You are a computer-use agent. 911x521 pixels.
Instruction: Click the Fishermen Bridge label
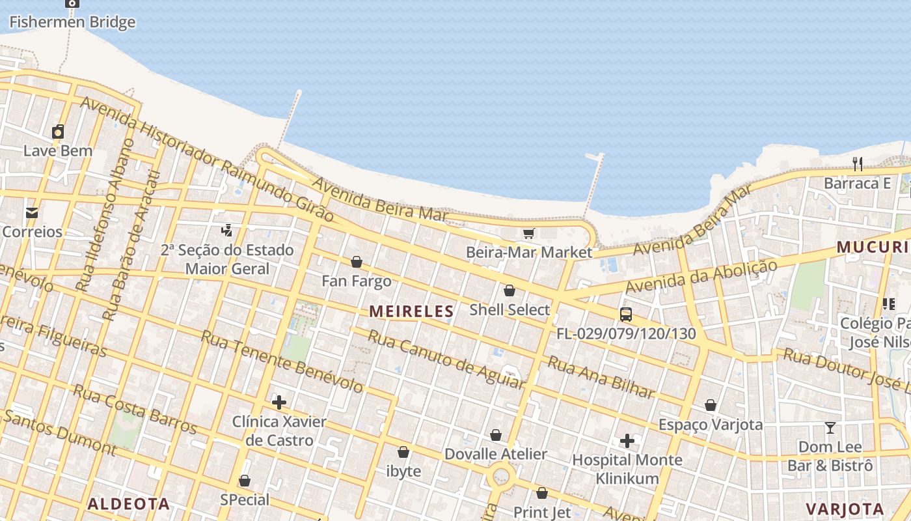pyautogui.click(x=72, y=22)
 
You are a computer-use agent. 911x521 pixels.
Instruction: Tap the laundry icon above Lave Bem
pyautogui.click(x=58, y=132)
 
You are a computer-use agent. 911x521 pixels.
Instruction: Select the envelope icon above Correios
pyautogui.click(x=31, y=213)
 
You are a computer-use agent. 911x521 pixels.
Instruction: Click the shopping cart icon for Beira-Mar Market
pyautogui.click(x=528, y=233)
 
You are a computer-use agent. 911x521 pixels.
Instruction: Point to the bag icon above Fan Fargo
pyautogui.click(x=357, y=262)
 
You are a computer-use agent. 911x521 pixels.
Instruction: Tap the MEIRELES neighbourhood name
pyautogui.click(x=411, y=311)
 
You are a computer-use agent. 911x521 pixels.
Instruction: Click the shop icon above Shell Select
pyautogui.click(x=510, y=290)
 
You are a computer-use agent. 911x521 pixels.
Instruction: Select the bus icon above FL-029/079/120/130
pyautogui.click(x=626, y=315)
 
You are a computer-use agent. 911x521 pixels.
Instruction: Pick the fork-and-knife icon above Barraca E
pyautogui.click(x=858, y=163)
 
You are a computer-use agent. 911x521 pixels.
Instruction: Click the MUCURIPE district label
pyautogui.click(x=873, y=247)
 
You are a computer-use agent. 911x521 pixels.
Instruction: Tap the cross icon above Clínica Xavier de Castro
pyautogui.click(x=279, y=402)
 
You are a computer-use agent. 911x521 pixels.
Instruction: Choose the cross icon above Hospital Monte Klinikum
pyautogui.click(x=627, y=441)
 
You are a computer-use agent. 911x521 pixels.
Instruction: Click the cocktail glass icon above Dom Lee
pyautogui.click(x=830, y=428)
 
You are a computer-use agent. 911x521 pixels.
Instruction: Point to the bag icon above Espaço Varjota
pyautogui.click(x=711, y=405)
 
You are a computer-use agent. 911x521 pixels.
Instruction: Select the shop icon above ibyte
pyautogui.click(x=403, y=452)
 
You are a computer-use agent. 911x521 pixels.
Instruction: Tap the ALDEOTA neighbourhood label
pyautogui.click(x=129, y=504)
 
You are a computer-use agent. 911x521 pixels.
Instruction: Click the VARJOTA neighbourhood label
pyautogui.click(x=845, y=509)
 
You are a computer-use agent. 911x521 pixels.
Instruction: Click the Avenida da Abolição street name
pyautogui.click(x=701, y=277)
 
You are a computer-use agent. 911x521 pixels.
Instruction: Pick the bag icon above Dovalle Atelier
pyautogui.click(x=496, y=435)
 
